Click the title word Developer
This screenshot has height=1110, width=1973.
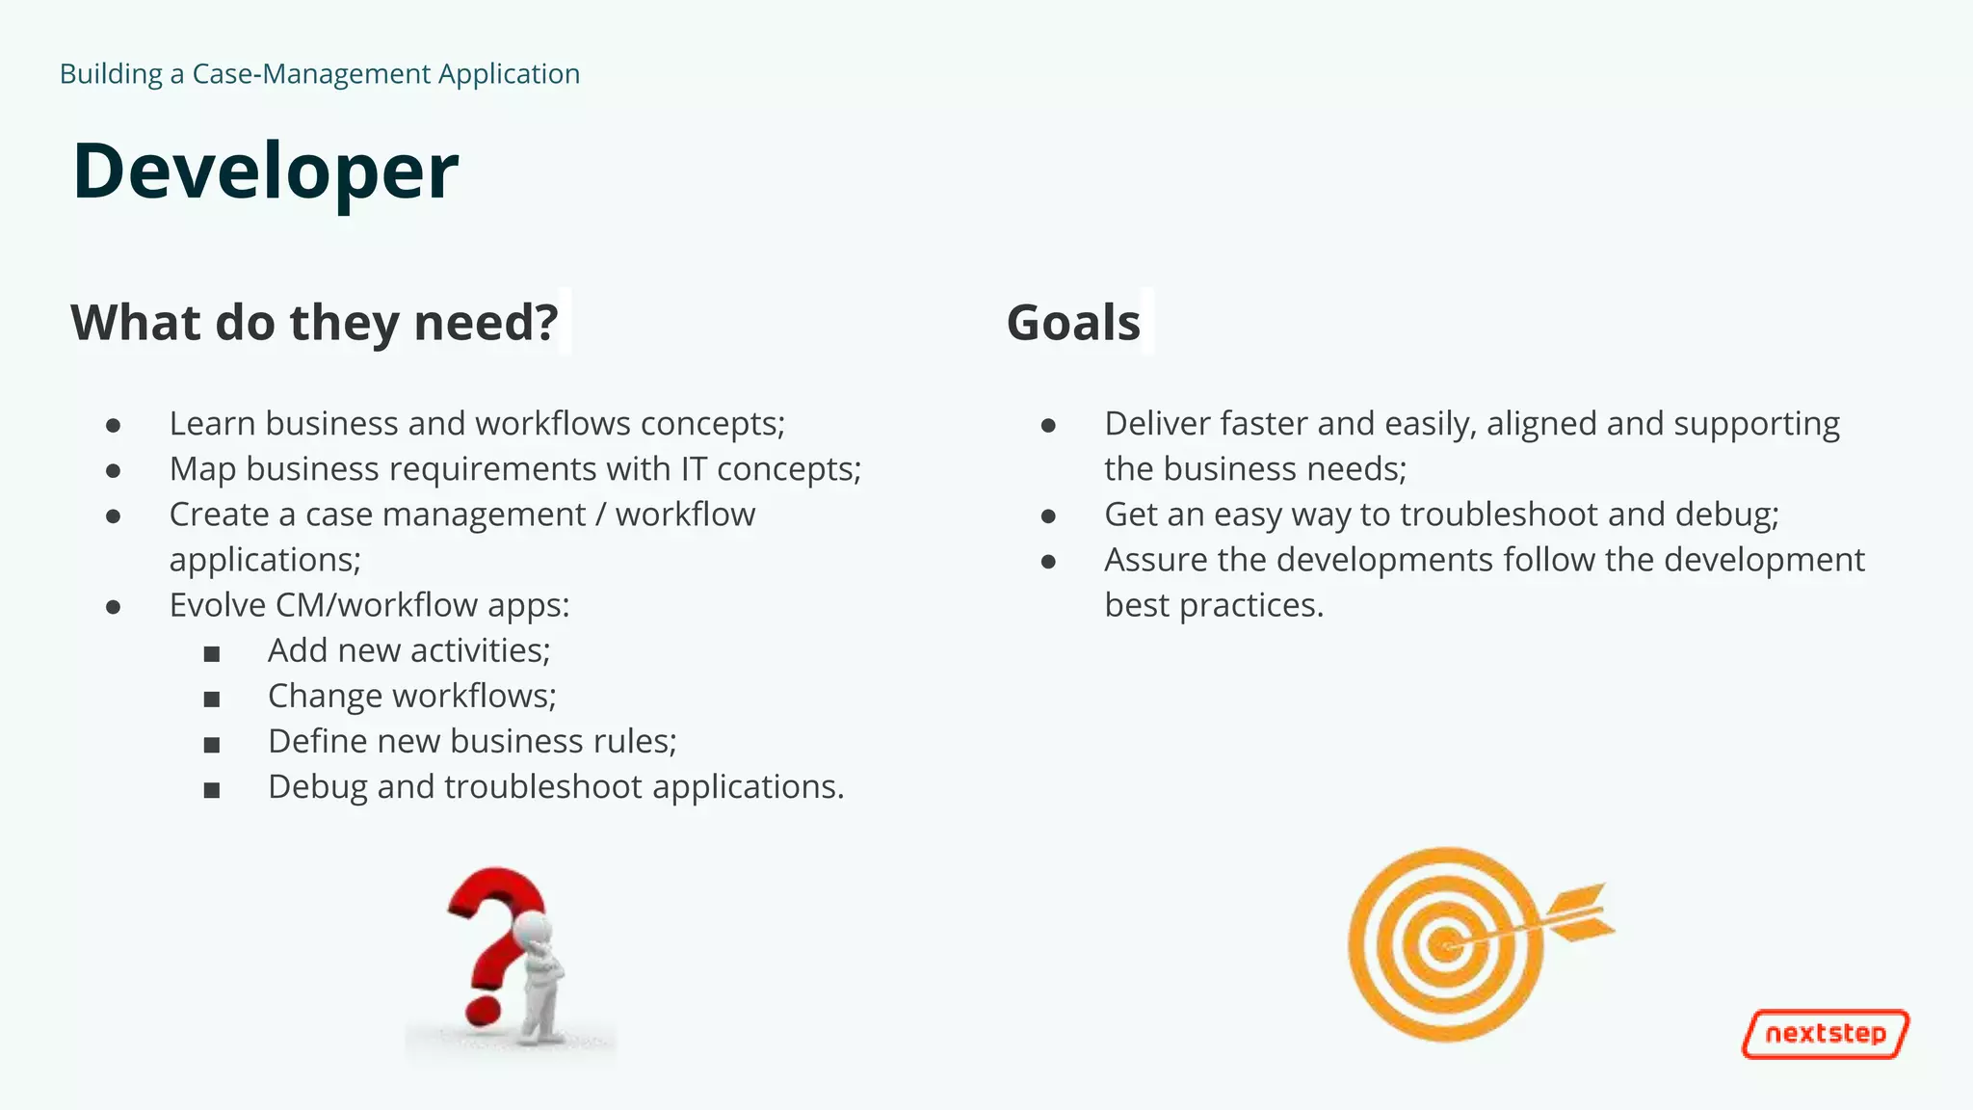(265, 172)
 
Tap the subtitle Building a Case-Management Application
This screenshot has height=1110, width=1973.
(319, 74)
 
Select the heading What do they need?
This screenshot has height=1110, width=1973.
(314, 323)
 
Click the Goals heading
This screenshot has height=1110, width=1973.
(1073, 323)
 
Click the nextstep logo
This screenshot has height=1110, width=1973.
(1825, 1034)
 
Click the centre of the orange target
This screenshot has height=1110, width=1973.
(1444, 944)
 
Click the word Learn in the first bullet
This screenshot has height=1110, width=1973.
(212, 424)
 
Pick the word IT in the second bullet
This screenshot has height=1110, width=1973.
(694, 469)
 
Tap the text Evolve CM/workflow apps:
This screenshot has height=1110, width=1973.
(369, 605)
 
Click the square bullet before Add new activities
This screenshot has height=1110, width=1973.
(212, 654)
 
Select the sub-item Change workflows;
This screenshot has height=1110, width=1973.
(411, 696)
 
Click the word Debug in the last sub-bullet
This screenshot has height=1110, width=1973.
(317, 787)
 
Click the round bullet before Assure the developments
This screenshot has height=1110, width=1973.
(1048, 561)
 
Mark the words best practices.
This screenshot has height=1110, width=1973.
(1213, 606)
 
